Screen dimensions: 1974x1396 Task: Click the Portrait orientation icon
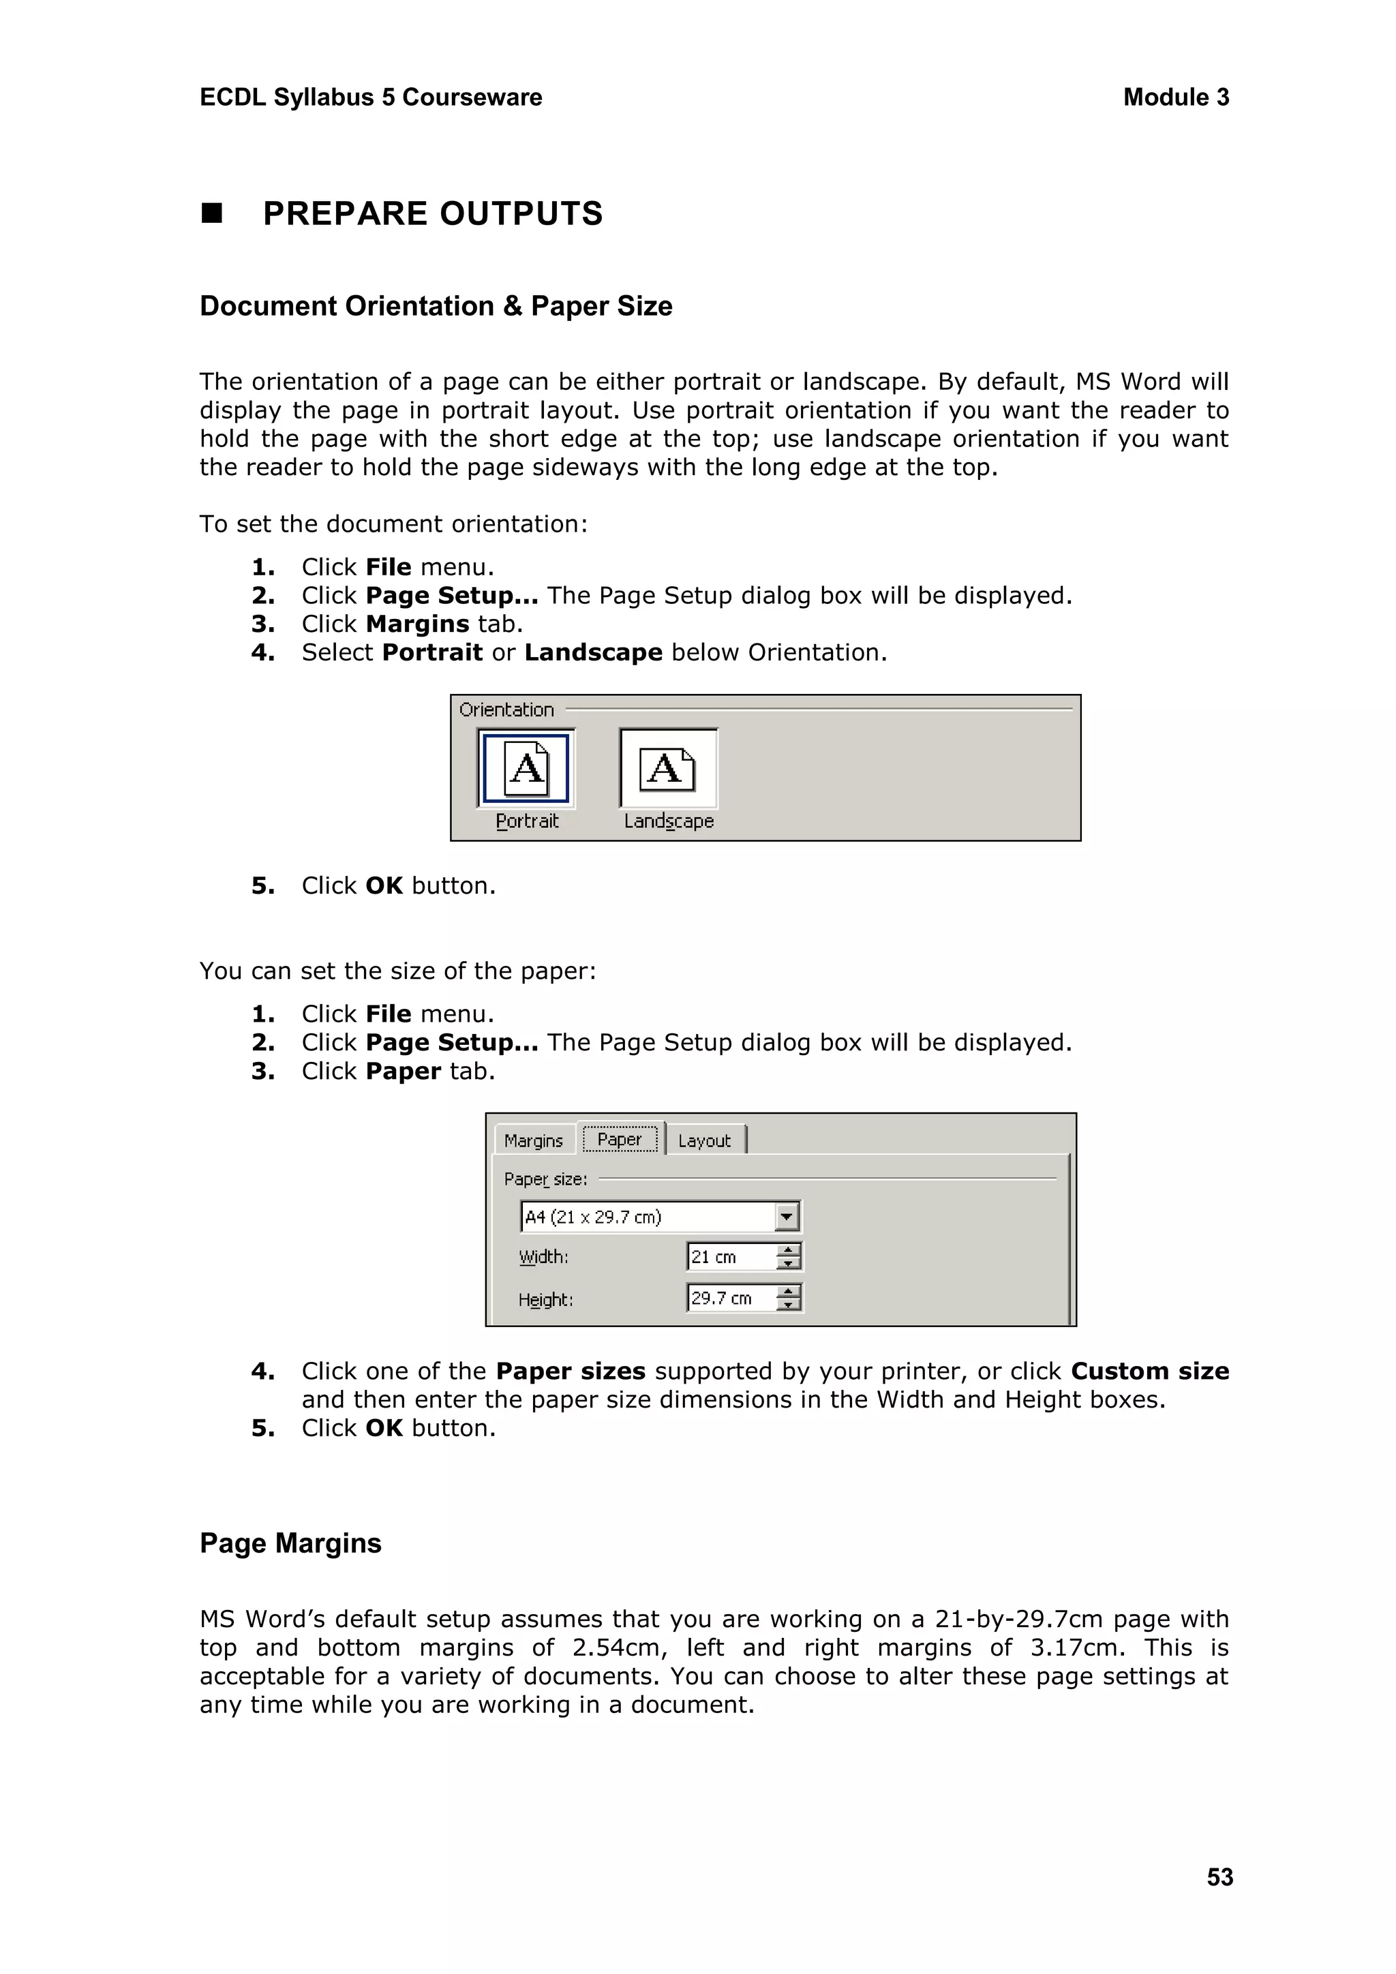click(526, 768)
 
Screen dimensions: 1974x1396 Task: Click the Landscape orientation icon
click(668, 768)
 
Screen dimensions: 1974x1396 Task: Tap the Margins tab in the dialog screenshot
click(533, 1141)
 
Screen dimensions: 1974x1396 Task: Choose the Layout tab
click(703, 1141)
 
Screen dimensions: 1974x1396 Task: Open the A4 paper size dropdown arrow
click(787, 1217)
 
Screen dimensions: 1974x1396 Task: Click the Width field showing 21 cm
click(731, 1257)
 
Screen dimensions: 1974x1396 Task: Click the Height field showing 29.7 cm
click(731, 1299)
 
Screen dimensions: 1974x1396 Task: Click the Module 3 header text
click(1175, 97)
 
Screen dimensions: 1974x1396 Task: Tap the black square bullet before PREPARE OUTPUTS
click(211, 213)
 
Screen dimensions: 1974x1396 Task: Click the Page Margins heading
click(290, 1543)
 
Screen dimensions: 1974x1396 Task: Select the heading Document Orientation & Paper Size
click(436, 306)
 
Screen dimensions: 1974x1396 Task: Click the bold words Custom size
click(1149, 1371)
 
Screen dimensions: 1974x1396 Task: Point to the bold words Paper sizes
click(570, 1371)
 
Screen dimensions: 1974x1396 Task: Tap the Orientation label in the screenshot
click(506, 710)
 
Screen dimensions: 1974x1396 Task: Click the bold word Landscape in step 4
click(593, 652)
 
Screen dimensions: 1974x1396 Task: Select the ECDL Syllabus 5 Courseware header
click(371, 97)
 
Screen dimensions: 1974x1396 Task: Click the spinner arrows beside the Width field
click(788, 1257)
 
